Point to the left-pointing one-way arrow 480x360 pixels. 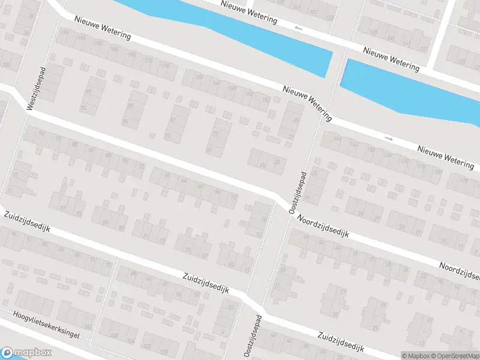(x=299, y=28)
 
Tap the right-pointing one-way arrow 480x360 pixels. (x=389, y=139)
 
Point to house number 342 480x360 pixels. (x=88, y=326)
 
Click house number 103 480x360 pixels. (x=6, y=64)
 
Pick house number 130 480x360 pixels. (x=405, y=160)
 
